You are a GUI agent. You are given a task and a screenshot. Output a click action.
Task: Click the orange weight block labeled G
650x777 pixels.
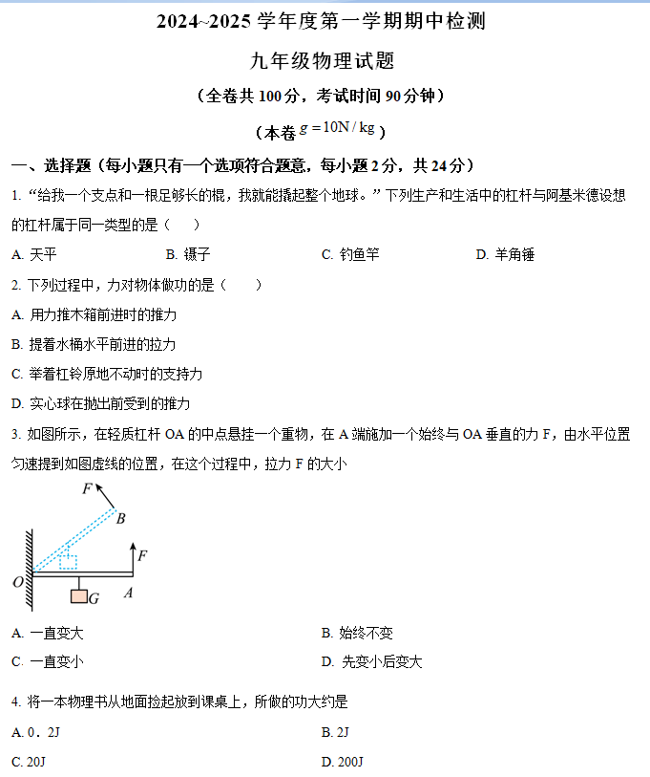tap(78, 596)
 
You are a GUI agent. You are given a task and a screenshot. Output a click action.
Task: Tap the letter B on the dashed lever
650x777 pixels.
tap(120, 519)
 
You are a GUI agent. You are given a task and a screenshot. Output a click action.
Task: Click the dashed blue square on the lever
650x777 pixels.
tap(68, 561)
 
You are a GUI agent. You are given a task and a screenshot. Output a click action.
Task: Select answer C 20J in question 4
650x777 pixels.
tap(29, 762)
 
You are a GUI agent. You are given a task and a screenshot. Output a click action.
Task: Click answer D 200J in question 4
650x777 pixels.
tap(344, 762)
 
